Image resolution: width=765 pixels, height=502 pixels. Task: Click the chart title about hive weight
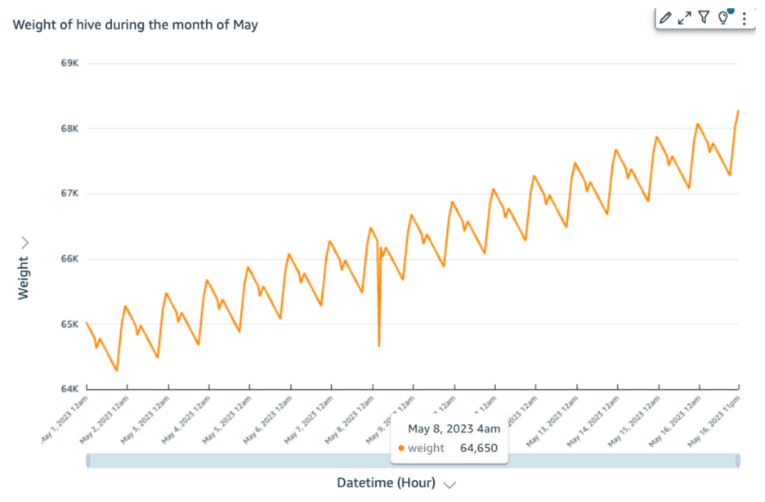coord(135,25)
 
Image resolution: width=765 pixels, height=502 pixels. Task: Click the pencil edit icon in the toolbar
coord(665,18)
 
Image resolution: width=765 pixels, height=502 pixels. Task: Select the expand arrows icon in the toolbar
coord(685,18)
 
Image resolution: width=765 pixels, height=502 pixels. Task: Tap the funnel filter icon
coord(704,18)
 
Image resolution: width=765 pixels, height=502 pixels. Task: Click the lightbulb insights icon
coord(722,18)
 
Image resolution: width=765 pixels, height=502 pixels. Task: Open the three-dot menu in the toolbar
coord(744,18)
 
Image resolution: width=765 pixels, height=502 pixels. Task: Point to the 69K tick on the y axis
coord(69,63)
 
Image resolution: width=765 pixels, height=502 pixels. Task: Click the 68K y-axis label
coord(69,128)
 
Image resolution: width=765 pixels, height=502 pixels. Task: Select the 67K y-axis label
coord(69,194)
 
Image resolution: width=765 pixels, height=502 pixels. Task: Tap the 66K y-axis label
coord(69,259)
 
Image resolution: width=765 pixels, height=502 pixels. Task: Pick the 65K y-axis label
coord(69,325)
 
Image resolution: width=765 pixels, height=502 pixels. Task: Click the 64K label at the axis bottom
coord(69,389)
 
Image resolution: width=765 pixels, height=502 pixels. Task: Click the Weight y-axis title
coord(23,277)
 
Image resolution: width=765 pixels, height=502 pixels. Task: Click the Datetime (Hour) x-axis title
coord(386,482)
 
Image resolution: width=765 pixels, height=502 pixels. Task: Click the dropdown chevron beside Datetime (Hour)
coord(449,484)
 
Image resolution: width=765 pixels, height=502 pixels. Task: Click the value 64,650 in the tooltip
coord(478,448)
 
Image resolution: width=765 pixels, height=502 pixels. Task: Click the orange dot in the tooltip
coord(401,448)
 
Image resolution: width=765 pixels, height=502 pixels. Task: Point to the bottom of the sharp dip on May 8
coord(379,346)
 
